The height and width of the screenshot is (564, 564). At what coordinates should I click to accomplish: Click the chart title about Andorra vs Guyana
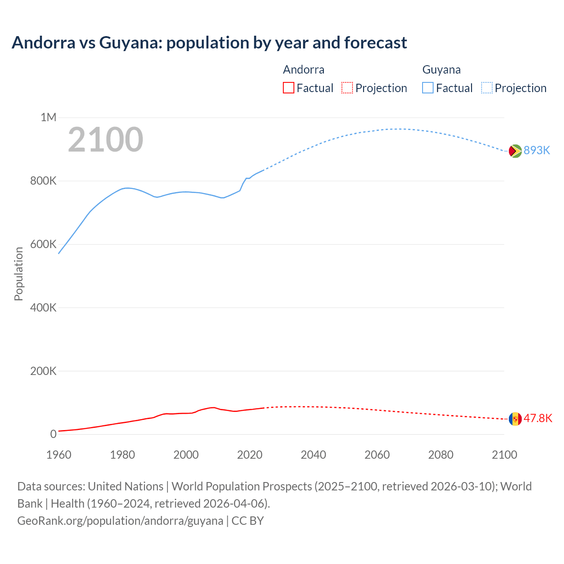click(209, 43)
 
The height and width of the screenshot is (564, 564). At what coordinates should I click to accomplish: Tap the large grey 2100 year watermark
click(105, 140)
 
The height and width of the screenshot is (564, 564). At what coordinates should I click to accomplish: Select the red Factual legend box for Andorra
click(288, 88)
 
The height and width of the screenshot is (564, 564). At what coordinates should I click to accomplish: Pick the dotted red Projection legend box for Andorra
click(347, 88)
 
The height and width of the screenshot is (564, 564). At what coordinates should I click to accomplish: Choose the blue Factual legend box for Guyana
click(428, 88)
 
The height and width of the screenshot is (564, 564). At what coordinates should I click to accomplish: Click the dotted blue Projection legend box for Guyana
click(486, 88)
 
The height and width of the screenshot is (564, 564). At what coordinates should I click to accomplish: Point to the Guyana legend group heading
click(441, 70)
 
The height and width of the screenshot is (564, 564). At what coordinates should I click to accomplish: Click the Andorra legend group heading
click(304, 70)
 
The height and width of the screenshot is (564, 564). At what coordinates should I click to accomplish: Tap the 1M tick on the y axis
click(48, 117)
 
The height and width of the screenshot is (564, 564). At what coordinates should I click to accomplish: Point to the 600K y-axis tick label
click(43, 244)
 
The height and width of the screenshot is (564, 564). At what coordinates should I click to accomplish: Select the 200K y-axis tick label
click(43, 371)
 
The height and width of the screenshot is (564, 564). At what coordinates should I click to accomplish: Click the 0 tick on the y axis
click(53, 434)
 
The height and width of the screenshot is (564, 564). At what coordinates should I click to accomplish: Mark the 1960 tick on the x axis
click(59, 455)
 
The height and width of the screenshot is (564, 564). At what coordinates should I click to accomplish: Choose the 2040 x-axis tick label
click(313, 455)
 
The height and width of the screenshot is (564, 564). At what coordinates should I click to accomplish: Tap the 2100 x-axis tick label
click(504, 455)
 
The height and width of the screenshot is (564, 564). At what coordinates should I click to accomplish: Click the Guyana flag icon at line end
click(515, 151)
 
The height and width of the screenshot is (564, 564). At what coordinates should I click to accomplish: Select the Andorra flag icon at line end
click(515, 419)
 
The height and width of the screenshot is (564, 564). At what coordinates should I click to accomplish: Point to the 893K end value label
click(537, 151)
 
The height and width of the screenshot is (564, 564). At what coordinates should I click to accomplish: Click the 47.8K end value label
click(538, 419)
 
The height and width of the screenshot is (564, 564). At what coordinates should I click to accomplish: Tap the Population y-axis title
click(19, 274)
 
